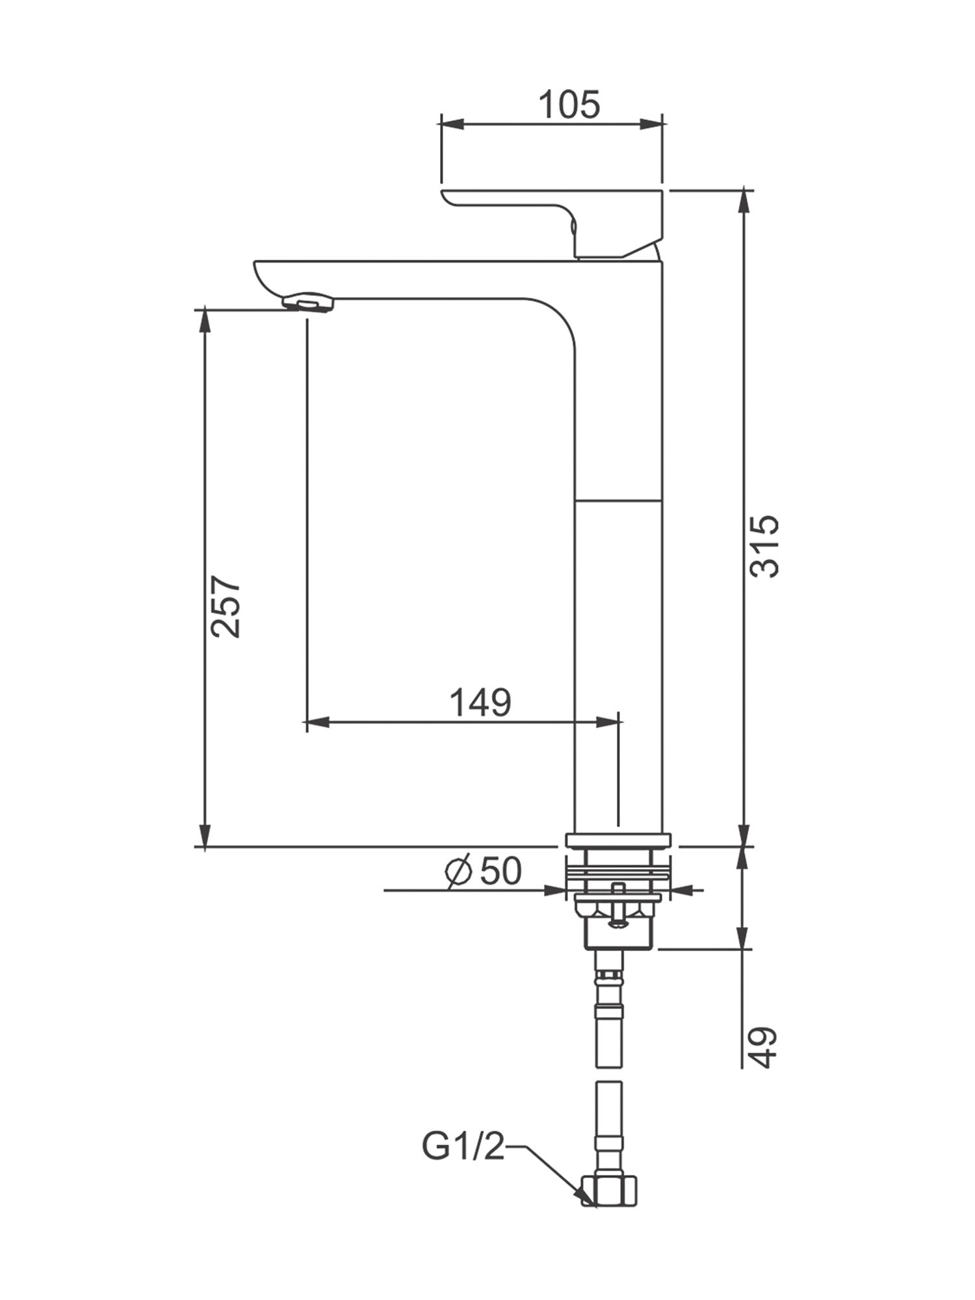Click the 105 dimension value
click(x=569, y=105)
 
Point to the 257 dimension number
click(x=226, y=606)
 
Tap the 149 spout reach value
click(x=481, y=703)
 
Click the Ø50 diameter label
click(x=484, y=871)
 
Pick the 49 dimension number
click(x=764, y=1047)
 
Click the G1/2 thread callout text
click(x=463, y=1147)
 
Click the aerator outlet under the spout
click(x=307, y=303)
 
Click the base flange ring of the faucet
click(x=617, y=840)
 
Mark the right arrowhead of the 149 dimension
click(x=608, y=721)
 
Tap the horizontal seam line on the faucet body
click(x=619, y=500)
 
